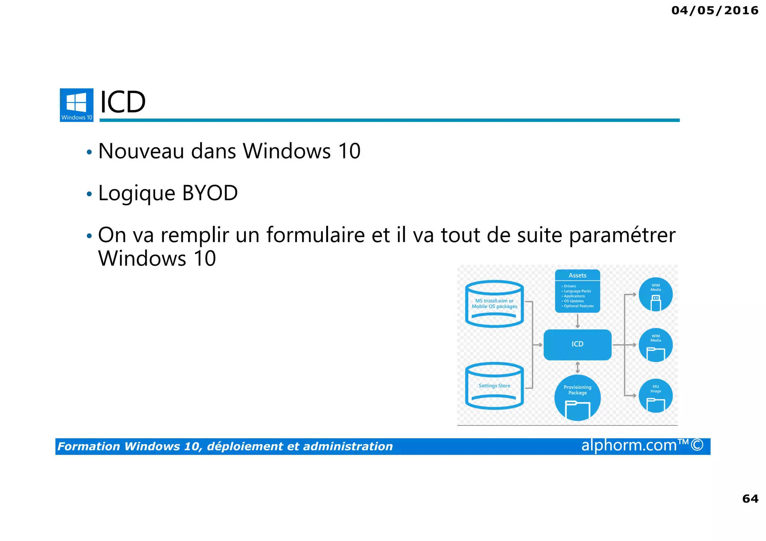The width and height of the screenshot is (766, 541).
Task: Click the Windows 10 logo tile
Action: coord(77,105)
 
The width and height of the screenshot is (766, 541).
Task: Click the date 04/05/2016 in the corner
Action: coord(715,10)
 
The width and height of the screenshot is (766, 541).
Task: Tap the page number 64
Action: coord(750,498)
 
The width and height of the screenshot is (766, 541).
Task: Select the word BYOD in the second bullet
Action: coord(210,193)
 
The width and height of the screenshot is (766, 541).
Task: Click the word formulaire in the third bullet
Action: coord(315,235)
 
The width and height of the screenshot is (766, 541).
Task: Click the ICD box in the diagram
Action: coord(577,344)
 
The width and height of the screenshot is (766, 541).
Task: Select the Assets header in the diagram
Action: coord(577,276)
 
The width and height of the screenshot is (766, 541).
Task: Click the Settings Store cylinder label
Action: coord(494,386)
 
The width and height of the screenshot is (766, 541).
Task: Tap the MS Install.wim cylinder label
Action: coord(494,304)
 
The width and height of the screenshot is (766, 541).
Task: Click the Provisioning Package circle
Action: coord(577,397)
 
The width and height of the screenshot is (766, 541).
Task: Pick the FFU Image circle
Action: coord(655,396)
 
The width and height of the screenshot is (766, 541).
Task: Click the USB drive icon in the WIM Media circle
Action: coord(656,303)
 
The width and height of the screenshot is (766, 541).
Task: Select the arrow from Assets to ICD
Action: coord(577,321)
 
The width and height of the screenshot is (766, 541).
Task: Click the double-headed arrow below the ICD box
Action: coord(577,367)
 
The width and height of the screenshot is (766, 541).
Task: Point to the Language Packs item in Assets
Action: coord(577,291)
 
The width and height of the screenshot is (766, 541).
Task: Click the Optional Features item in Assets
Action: coord(579,306)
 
